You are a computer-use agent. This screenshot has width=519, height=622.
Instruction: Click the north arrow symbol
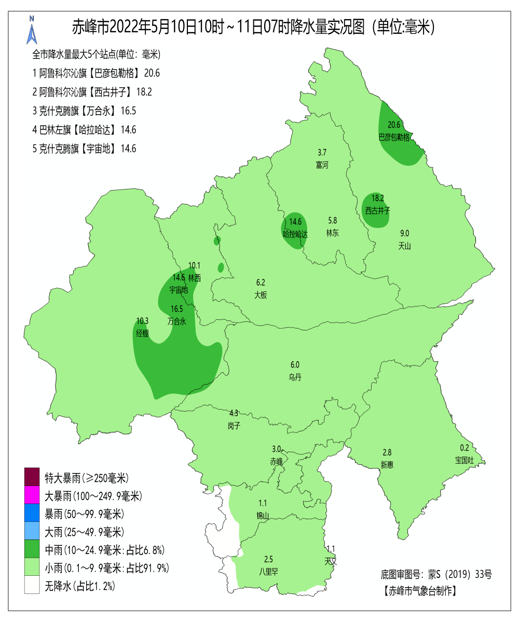point(32,31)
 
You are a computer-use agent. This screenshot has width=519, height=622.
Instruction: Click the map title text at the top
point(253,26)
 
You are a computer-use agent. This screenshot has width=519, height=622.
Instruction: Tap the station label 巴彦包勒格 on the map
point(394,137)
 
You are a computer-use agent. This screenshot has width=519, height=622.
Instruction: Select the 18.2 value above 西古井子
point(377,198)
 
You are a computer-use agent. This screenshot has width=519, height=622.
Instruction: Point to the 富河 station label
point(322,165)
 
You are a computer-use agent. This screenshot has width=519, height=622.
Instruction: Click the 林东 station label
point(332,233)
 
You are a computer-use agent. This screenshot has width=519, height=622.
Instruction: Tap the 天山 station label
point(404,246)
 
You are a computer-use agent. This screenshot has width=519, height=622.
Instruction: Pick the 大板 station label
point(261,295)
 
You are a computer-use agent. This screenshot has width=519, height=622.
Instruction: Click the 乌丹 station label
point(295,377)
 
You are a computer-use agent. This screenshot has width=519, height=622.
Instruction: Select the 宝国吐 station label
point(465,460)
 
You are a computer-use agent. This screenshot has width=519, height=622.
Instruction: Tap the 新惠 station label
point(387,465)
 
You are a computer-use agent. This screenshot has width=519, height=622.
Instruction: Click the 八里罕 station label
point(268,572)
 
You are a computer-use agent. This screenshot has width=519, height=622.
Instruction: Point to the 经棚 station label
point(142,333)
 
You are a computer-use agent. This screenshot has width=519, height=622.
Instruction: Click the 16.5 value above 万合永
point(177,309)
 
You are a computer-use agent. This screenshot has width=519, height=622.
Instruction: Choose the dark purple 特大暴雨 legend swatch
point(32,477)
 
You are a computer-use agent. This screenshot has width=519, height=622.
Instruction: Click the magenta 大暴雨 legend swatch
point(32,495)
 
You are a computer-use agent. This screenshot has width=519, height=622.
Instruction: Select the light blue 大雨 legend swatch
point(32,532)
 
